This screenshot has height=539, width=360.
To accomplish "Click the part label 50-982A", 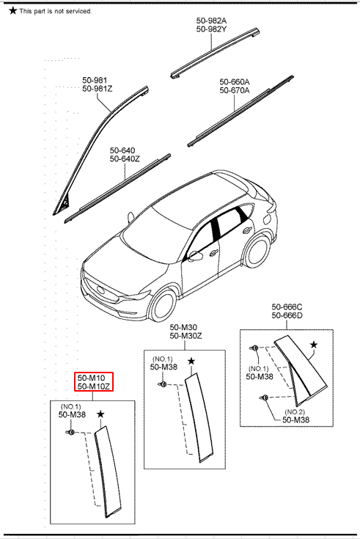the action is [211, 21].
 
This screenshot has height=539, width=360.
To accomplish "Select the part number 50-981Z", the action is [98, 89].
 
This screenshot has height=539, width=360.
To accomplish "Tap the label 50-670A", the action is [235, 90].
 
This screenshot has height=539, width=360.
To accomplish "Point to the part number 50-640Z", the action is [125, 159].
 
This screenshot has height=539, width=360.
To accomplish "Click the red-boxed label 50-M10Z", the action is [94, 386].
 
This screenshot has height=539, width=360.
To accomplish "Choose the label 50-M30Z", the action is [185, 336].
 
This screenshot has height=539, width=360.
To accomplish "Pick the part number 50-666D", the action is [287, 315].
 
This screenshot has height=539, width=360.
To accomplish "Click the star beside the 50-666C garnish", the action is [314, 345].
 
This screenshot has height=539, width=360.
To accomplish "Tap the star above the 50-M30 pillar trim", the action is [191, 361].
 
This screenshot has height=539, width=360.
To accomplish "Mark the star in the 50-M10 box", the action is [100, 414].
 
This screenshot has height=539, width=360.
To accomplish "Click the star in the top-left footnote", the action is [12, 11].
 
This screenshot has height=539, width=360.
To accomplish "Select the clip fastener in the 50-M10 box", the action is [70, 432].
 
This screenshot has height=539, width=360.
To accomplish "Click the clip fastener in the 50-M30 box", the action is [163, 384].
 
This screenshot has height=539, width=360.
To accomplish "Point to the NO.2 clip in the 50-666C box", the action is [264, 397].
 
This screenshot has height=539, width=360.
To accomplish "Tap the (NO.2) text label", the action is [295, 412].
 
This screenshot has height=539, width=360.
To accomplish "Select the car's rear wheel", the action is [257, 251].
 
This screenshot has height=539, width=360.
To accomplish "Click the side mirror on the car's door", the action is [194, 256].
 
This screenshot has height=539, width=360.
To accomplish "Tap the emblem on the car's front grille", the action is [100, 289].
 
